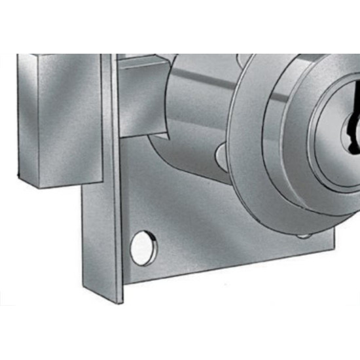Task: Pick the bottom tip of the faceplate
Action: coord(119,302)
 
